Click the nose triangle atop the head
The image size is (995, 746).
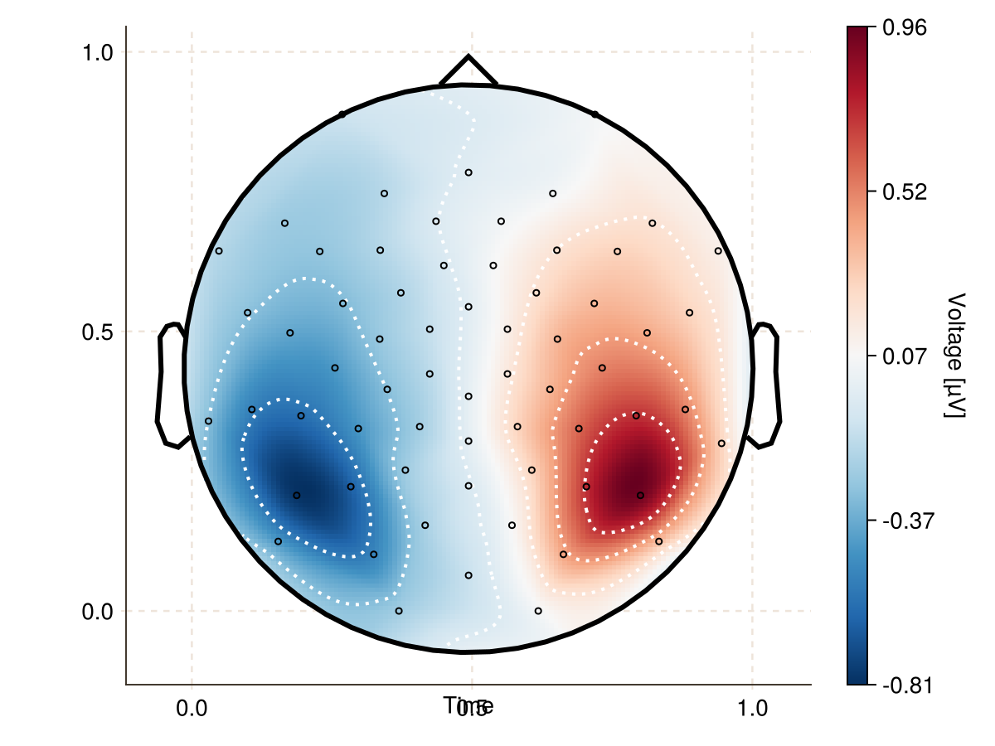tap(468, 70)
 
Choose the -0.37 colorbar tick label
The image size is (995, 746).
tap(904, 521)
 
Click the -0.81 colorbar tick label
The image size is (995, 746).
tap(904, 685)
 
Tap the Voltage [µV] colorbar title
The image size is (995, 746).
tap(956, 356)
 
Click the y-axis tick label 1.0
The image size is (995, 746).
tap(96, 52)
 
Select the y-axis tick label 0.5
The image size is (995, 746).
tap(96, 332)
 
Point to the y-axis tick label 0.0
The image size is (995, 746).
tap(96, 612)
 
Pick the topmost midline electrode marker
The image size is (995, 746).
tap(468, 172)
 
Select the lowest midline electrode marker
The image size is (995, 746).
tap(468, 575)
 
